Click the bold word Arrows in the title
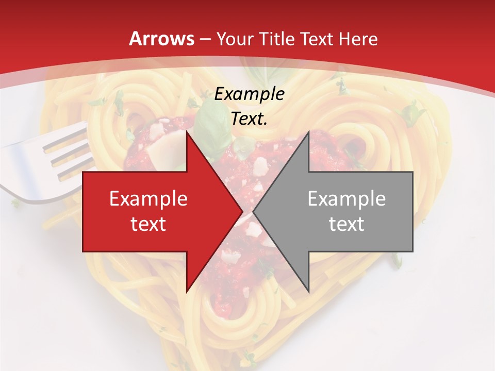(161, 39)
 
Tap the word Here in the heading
(358, 39)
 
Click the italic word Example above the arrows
(250, 94)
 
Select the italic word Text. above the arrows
(250, 119)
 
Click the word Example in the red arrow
(148, 199)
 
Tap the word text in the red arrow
(148, 224)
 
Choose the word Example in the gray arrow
(346, 199)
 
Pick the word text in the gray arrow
(346, 224)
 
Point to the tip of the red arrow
(242, 211)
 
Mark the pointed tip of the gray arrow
(254, 211)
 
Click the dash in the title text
(205, 39)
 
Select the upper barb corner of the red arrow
(187, 131)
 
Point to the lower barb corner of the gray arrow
(308, 292)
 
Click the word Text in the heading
(319, 39)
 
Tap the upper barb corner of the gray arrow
(308, 131)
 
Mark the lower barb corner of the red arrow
(187, 292)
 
